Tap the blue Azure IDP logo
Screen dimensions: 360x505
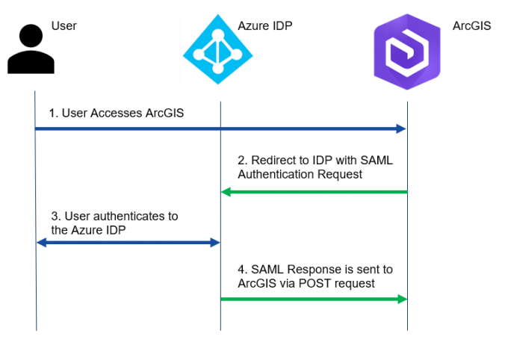tap(218, 49)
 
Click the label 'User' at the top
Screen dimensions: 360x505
tap(63, 26)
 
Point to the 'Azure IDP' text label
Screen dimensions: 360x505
tap(264, 26)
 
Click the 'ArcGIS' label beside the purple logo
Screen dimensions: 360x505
tap(471, 26)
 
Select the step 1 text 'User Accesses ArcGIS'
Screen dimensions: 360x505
tap(116, 114)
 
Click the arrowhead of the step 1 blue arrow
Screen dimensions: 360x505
tap(400, 129)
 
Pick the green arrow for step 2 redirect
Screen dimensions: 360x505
tap(314, 192)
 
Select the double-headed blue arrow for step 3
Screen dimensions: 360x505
tap(128, 243)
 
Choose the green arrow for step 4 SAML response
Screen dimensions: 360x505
tap(314, 299)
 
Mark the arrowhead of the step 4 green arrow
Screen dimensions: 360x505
tap(401, 299)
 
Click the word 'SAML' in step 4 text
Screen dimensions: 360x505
tap(267, 269)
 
